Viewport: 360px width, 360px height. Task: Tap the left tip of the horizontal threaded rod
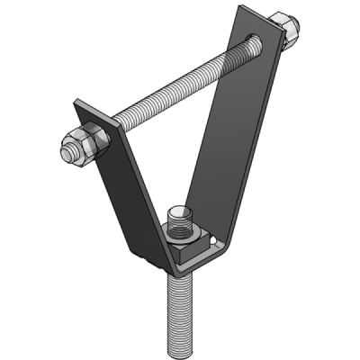(x=63, y=151)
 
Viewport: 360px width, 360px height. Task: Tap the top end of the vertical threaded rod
(x=179, y=215)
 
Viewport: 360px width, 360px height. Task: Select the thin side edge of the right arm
(x=253, y=153)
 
